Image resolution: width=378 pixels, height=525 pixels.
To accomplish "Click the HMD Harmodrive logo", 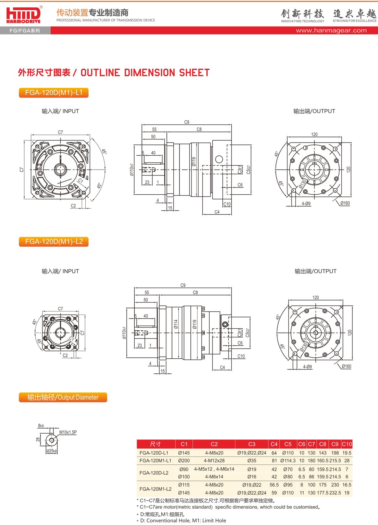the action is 24,15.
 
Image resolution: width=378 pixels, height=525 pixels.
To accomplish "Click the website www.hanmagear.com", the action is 331,30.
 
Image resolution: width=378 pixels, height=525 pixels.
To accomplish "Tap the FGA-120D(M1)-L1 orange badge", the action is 54,93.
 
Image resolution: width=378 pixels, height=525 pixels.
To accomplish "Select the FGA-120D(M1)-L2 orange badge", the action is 54,242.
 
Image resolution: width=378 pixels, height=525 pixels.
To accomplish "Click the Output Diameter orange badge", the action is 63,397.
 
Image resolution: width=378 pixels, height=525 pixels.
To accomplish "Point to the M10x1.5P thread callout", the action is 68,432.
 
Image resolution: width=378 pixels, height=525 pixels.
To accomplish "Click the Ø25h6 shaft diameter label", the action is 52,451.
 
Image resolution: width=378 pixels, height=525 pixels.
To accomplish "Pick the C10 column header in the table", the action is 347,444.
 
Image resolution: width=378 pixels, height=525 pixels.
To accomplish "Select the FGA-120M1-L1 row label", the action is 155,461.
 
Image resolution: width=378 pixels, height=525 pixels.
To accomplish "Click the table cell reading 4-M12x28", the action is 214,461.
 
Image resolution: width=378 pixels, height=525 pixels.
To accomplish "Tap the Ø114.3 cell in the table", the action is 288,461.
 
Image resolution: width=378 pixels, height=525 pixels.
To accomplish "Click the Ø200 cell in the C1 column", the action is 184,461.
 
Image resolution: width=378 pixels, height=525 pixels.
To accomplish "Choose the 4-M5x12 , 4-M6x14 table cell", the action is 214,469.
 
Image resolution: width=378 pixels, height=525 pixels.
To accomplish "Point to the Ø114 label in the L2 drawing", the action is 176,324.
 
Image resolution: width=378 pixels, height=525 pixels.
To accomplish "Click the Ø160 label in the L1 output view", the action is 345,203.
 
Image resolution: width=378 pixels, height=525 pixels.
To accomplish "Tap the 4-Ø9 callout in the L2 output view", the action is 307,367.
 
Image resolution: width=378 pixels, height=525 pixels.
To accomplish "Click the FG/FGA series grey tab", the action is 25,31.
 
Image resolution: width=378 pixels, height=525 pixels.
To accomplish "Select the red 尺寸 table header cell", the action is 156,444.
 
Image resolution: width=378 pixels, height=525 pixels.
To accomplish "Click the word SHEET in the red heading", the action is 194,73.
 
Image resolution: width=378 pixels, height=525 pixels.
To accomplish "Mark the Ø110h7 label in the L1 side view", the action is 132,170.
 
